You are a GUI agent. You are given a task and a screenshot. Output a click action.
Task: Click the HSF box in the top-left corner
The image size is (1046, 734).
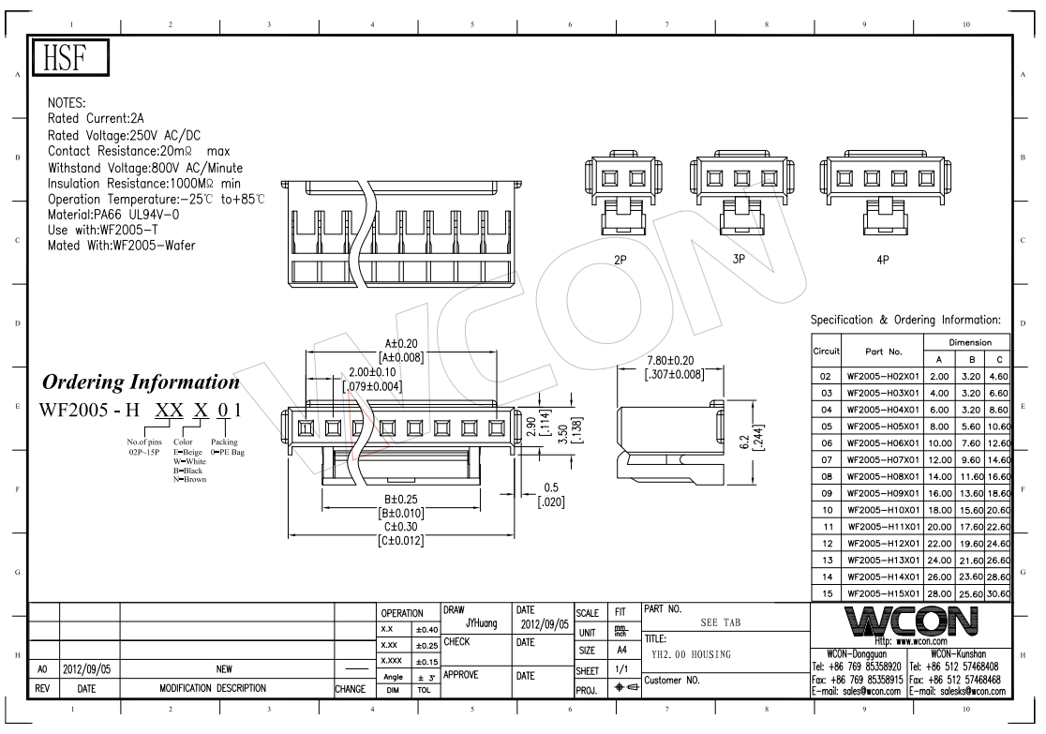[70, 57]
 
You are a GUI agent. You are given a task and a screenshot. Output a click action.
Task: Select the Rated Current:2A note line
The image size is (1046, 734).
[96, 119]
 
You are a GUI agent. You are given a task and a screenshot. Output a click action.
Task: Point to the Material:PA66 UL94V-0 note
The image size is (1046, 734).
[113, 215]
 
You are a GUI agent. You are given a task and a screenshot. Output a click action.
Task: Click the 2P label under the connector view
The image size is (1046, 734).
[620, 260]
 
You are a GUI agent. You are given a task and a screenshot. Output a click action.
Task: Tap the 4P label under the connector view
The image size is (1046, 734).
[883, 260]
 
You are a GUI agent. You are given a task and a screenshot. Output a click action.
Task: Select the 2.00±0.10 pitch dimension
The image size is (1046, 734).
[372, 372]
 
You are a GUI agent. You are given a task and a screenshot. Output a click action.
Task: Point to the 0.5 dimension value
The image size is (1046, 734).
[551, 487]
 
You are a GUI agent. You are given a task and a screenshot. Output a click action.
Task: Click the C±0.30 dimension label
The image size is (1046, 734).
[400, 527]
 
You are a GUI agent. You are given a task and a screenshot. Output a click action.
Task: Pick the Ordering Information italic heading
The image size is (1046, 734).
[141, 382]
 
